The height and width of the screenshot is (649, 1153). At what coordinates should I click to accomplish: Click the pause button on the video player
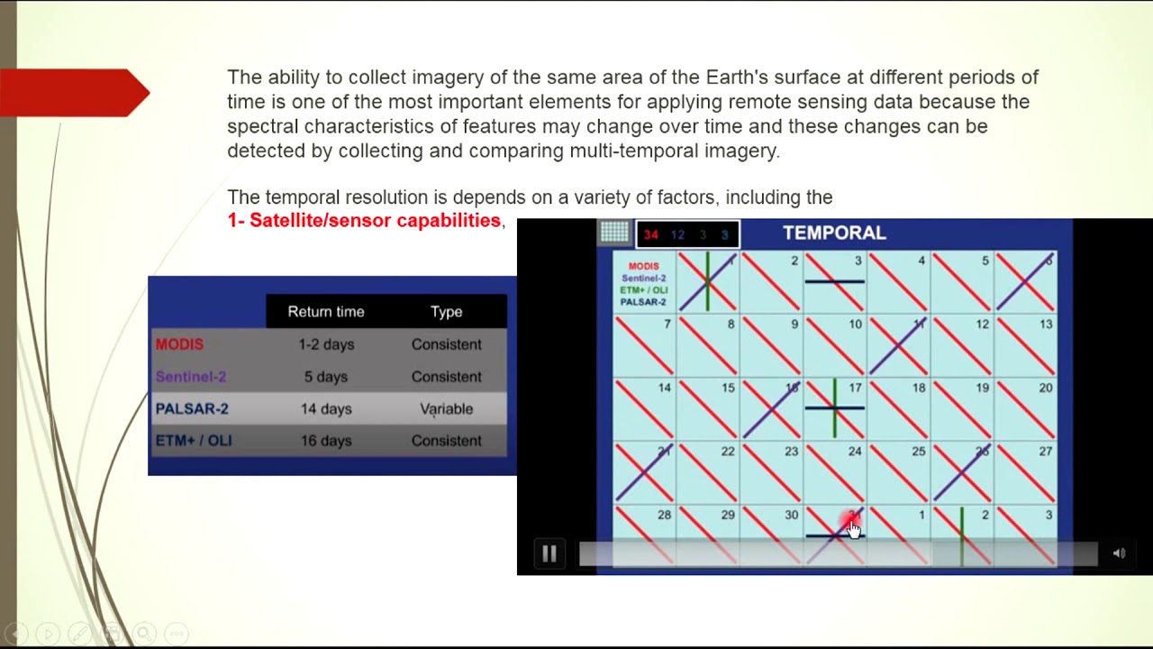549,553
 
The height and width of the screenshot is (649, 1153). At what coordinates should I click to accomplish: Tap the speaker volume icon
1119,553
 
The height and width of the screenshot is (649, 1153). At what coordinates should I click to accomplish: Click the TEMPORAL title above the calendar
834,233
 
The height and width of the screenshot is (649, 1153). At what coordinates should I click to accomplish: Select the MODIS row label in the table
179,344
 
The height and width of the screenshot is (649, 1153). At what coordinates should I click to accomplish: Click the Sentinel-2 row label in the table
190,377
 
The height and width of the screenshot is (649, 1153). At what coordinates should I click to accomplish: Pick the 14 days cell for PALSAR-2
326,408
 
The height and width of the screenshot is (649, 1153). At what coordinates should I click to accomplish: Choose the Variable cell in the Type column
446,408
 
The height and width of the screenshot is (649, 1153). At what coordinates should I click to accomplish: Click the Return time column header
326,312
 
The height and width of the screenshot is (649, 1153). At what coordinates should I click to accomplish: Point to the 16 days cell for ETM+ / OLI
326,441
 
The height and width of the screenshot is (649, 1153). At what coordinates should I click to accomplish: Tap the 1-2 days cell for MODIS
326,344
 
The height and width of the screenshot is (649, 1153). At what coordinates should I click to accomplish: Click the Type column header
446,312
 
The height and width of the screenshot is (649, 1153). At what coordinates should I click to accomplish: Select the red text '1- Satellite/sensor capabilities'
364,221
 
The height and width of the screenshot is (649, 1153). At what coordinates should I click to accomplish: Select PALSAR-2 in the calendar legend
643,302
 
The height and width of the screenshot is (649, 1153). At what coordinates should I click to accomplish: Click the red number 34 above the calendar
650,234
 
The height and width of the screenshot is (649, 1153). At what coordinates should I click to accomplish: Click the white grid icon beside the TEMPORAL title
615,233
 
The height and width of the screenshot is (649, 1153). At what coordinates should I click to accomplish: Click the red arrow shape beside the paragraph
76,93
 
